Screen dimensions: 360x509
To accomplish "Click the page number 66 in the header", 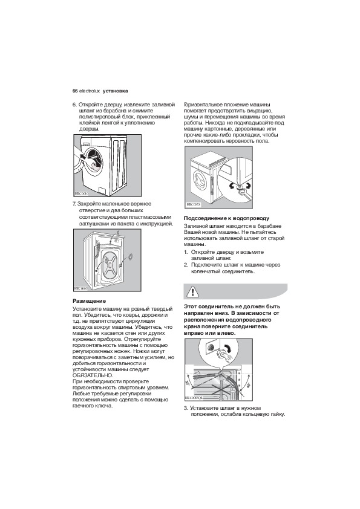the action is point(75,91).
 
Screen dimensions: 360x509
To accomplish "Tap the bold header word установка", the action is point(116,91).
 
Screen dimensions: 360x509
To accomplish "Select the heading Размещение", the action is point(89,301).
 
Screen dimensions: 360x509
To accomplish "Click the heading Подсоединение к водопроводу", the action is point(226,218).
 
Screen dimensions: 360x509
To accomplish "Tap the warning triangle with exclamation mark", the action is point(193,292).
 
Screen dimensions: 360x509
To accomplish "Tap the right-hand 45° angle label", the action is point(249,385).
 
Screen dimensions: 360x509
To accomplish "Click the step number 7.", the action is point(74,204).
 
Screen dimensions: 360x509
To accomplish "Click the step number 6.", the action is point(74,105).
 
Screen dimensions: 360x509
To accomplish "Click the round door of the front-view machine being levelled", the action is point(200,180).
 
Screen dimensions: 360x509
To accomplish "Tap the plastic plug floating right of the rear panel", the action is point(130,257).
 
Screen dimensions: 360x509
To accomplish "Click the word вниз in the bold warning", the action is point(221,313).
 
